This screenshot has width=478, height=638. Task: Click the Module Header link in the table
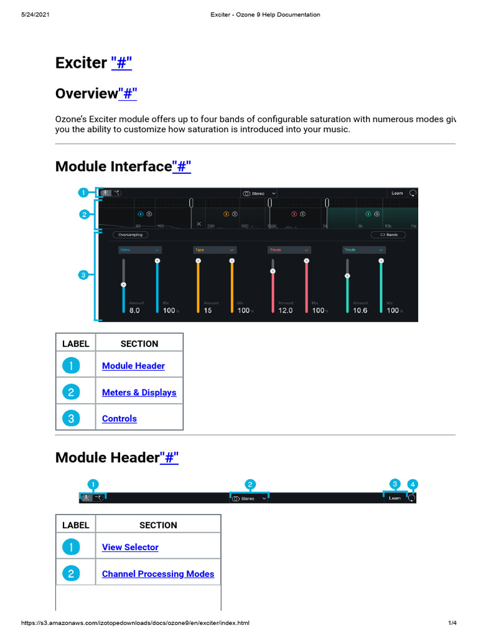(x=133, y=366)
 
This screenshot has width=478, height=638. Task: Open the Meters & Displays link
(x=139, y=393)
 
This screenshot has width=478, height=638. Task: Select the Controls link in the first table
(x=119, y=419)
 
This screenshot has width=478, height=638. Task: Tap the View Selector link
(x=130, y=547)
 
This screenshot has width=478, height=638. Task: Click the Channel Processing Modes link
(x=157, y=574)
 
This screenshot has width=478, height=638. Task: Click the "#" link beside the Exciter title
(x=121, y=63)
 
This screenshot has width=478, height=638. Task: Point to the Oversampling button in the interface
(x=130, y=235)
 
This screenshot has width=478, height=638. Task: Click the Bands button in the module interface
(x=388, y=235)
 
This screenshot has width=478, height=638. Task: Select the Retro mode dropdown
(x=140, y=250)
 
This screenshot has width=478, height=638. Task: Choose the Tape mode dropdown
(x=215, y=250)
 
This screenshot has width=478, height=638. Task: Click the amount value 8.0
(x=134, y=310)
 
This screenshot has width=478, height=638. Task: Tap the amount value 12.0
(x=285, y=310)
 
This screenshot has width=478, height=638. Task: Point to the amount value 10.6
(x=360, y=310)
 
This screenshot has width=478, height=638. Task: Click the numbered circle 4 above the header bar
(x=413, y=484)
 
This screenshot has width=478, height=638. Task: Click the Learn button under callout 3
(x=395, y=498)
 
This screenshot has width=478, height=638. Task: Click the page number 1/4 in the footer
(x=452, y=623)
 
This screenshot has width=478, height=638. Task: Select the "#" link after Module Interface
(x=181, y=166)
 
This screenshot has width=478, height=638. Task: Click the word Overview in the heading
(x=87, y=93)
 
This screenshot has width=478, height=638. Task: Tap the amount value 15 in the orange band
(x=208, y=310)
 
